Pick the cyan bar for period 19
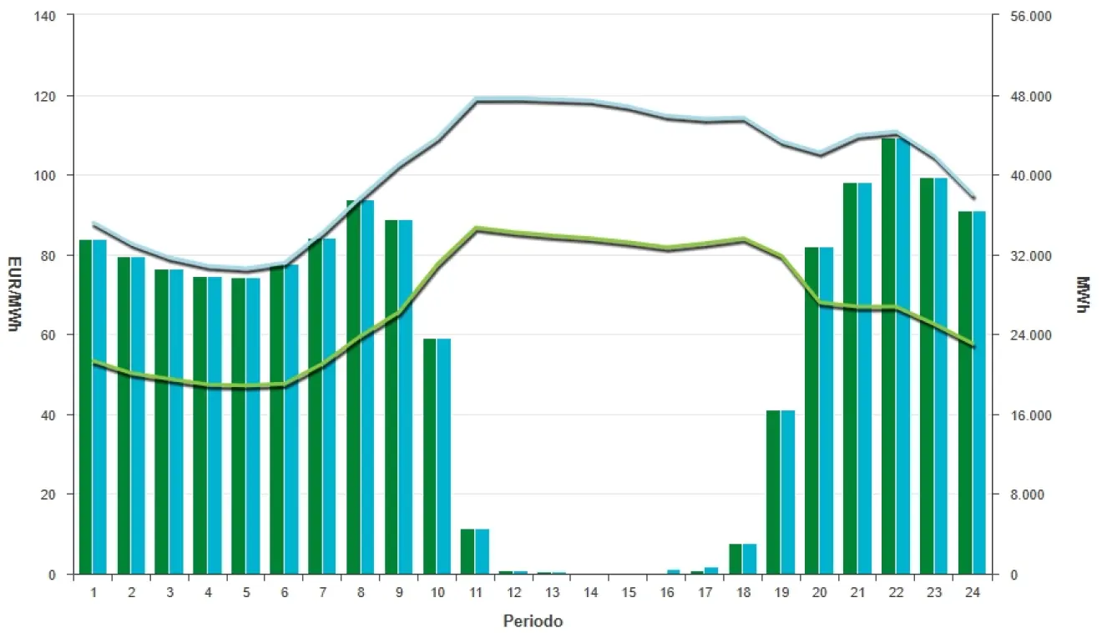pos(788,492)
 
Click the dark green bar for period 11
pos(468,551)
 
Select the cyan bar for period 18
pos(750,559)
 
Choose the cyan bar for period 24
pos(979,393)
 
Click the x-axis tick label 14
pos(590,592)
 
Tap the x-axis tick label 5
pos(246,592)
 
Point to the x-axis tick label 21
pos(857,592)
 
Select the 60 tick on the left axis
pos(57,335)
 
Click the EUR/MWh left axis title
pos(13,295)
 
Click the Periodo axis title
pos(533,621)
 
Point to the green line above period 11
pos(476,228)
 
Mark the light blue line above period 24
pos(973,197)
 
